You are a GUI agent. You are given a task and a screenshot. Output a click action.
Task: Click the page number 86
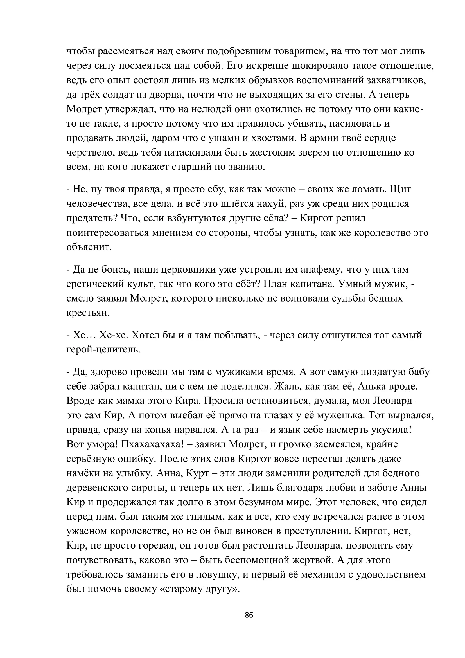pos(249,615)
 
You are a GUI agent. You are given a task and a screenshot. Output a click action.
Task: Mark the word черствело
pos(89,152)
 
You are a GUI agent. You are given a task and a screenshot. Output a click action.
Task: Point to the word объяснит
pos(89,247)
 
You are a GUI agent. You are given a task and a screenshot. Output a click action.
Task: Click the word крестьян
pos(88,313)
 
